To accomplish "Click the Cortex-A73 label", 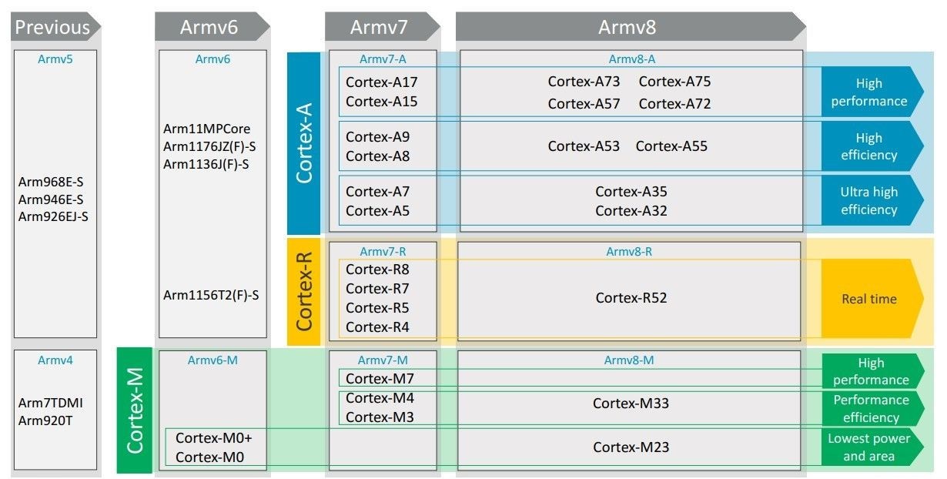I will tap(584, 82).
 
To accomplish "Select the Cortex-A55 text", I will tap(671, 146).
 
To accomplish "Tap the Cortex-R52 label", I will tap(631, 298).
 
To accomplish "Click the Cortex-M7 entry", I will tap(380, 379).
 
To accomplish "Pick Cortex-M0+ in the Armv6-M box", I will tap(214, 438).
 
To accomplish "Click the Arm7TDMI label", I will tap(51, 403).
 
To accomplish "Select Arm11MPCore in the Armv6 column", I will tap(207, 129).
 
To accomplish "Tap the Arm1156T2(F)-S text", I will tap(211, 295).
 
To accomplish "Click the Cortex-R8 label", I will tap(377, 270).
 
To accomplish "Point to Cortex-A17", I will tap(381, 82).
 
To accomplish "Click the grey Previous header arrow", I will tap(53, 28).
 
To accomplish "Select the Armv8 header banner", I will tap(627, 28).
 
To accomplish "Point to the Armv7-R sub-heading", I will tap(382, 252).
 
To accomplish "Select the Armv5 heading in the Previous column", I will tap(55, 59).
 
